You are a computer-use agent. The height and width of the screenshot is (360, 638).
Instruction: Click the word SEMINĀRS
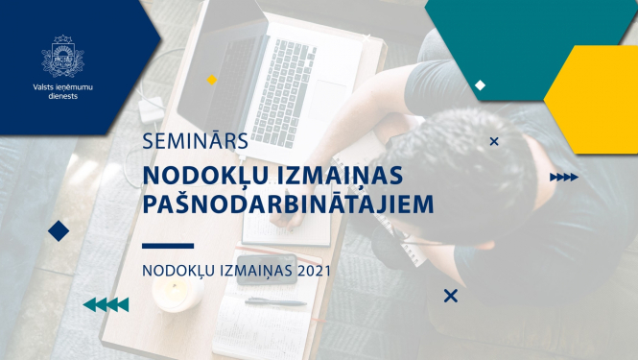[x=196, y=141]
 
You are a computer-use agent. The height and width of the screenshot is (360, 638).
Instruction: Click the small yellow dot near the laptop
[x=212, y=80]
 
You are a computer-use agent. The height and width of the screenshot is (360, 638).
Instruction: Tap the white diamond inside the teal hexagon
[x=481, y=84]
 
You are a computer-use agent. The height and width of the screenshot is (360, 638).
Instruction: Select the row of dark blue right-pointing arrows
[x=563, y=178]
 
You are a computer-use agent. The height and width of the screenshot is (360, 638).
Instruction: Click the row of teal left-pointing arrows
[x=106, y=304]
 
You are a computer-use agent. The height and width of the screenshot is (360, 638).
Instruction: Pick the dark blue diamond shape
[x=59, y=230]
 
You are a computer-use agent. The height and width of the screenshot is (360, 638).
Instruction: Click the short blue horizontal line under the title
[x=167, y=246]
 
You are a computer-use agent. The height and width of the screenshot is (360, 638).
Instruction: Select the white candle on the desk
[x=177, y=294]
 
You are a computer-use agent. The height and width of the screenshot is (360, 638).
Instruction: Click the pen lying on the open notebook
[x=274, y=301]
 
